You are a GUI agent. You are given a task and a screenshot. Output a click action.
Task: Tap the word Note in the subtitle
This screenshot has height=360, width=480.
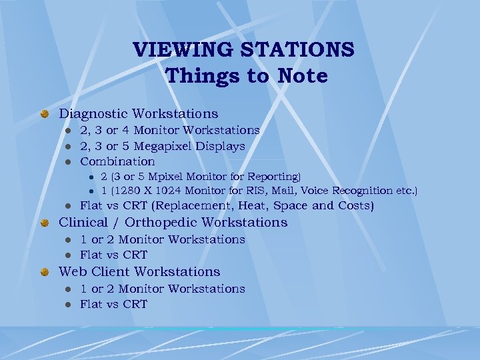click(x=301, y=76)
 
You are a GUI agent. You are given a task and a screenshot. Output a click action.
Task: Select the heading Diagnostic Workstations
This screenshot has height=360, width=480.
click(x=139, y=114)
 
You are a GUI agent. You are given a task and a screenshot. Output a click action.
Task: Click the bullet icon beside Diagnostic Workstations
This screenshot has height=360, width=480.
click(x=44, y=115)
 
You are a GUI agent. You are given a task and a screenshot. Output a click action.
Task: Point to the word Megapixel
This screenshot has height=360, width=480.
click(x=168, y=146)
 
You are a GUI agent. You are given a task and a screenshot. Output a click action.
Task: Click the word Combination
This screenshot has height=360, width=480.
click(x=117, y=161)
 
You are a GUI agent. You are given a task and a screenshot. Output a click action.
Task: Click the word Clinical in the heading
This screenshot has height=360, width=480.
click(x=82, y=223)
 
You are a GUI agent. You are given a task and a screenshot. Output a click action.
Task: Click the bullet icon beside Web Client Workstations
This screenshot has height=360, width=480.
click(x=44, y=272)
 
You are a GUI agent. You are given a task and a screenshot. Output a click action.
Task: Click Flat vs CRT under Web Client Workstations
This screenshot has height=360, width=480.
click(x=113, y=304)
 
